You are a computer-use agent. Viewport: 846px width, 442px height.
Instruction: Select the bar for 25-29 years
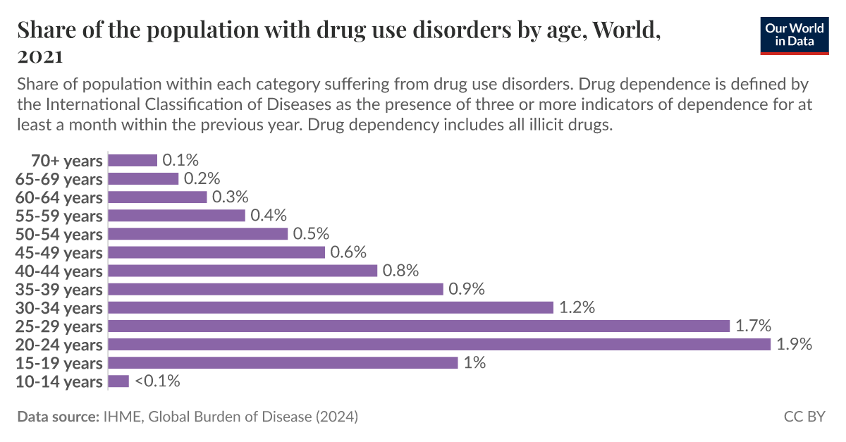click(419, 326)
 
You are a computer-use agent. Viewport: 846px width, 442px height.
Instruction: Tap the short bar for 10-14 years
click(118, 381)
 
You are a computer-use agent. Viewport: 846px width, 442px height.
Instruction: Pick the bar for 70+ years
click(133, 160)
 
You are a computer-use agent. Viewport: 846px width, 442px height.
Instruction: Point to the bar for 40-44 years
click(243, 271)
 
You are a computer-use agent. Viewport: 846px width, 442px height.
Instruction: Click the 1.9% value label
click(795, 344)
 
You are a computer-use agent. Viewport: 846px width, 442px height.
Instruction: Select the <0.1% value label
click(157, 381)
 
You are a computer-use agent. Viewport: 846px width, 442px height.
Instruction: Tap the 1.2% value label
click(577, 307)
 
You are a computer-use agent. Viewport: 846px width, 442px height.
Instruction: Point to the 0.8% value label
click(400, 271)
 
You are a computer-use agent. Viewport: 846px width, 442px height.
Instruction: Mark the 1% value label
click(474, 363)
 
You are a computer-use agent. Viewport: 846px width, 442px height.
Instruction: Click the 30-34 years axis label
click(59, 308)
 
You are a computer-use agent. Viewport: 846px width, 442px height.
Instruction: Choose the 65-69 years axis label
click(59, 179)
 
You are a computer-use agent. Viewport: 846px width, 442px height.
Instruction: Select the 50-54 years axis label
click(59, 234)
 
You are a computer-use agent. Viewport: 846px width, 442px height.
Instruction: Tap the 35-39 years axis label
click(59, 290)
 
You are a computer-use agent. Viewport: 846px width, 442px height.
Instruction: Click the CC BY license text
click(804, 417)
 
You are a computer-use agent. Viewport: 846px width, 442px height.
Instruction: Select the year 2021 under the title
click(40, 55)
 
